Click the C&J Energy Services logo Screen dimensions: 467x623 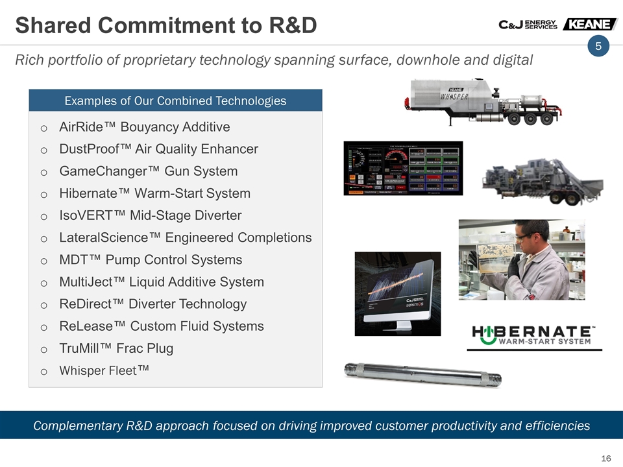pyautogui.click(x=528, y=24)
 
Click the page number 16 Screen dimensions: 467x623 pyautogui.click(x=606, y=459)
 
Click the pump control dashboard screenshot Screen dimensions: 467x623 pyautogui.click(x=403, y=168)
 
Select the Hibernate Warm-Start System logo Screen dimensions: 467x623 pyautogui.click(x=534, y=334)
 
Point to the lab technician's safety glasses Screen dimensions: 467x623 pyautogui.click(x=524, y=237)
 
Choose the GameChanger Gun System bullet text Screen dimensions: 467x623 pyautogui.click(x=148, y=171)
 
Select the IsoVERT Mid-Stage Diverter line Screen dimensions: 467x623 pyautogui.click(x=150, y=215)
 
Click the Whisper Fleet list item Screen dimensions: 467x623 pyautogui.click(x=104, y=370)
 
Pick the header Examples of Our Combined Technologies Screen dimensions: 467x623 pyautogui.click(x=175, y=101)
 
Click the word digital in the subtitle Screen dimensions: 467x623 pyautogui.click(x=510, y=60)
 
